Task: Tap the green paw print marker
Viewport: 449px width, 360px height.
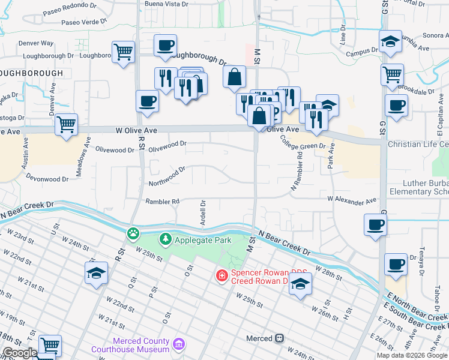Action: point(131,233)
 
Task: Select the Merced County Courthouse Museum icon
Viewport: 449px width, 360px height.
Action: point(178,344)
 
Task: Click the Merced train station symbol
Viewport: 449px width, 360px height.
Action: point(279,338)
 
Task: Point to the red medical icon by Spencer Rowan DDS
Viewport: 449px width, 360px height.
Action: point(221,275)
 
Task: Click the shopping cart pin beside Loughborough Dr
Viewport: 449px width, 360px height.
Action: point(123,52)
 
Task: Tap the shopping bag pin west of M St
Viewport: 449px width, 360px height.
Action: point(234,77)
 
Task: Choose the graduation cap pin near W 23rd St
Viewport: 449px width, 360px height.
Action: point(96,273)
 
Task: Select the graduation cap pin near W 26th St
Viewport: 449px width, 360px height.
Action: point(300,284)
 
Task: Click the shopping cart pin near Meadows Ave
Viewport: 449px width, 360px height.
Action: point(66,125)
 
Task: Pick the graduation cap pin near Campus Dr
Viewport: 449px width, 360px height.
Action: point(391,41)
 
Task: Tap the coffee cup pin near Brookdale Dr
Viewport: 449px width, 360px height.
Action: point(396,106)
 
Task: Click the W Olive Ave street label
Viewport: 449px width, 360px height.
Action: point(136,130)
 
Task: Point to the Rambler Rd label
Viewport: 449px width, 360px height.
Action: point(163,202)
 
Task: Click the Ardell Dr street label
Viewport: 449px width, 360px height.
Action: point(203,209)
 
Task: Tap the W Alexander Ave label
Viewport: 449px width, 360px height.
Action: point(352,199)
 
